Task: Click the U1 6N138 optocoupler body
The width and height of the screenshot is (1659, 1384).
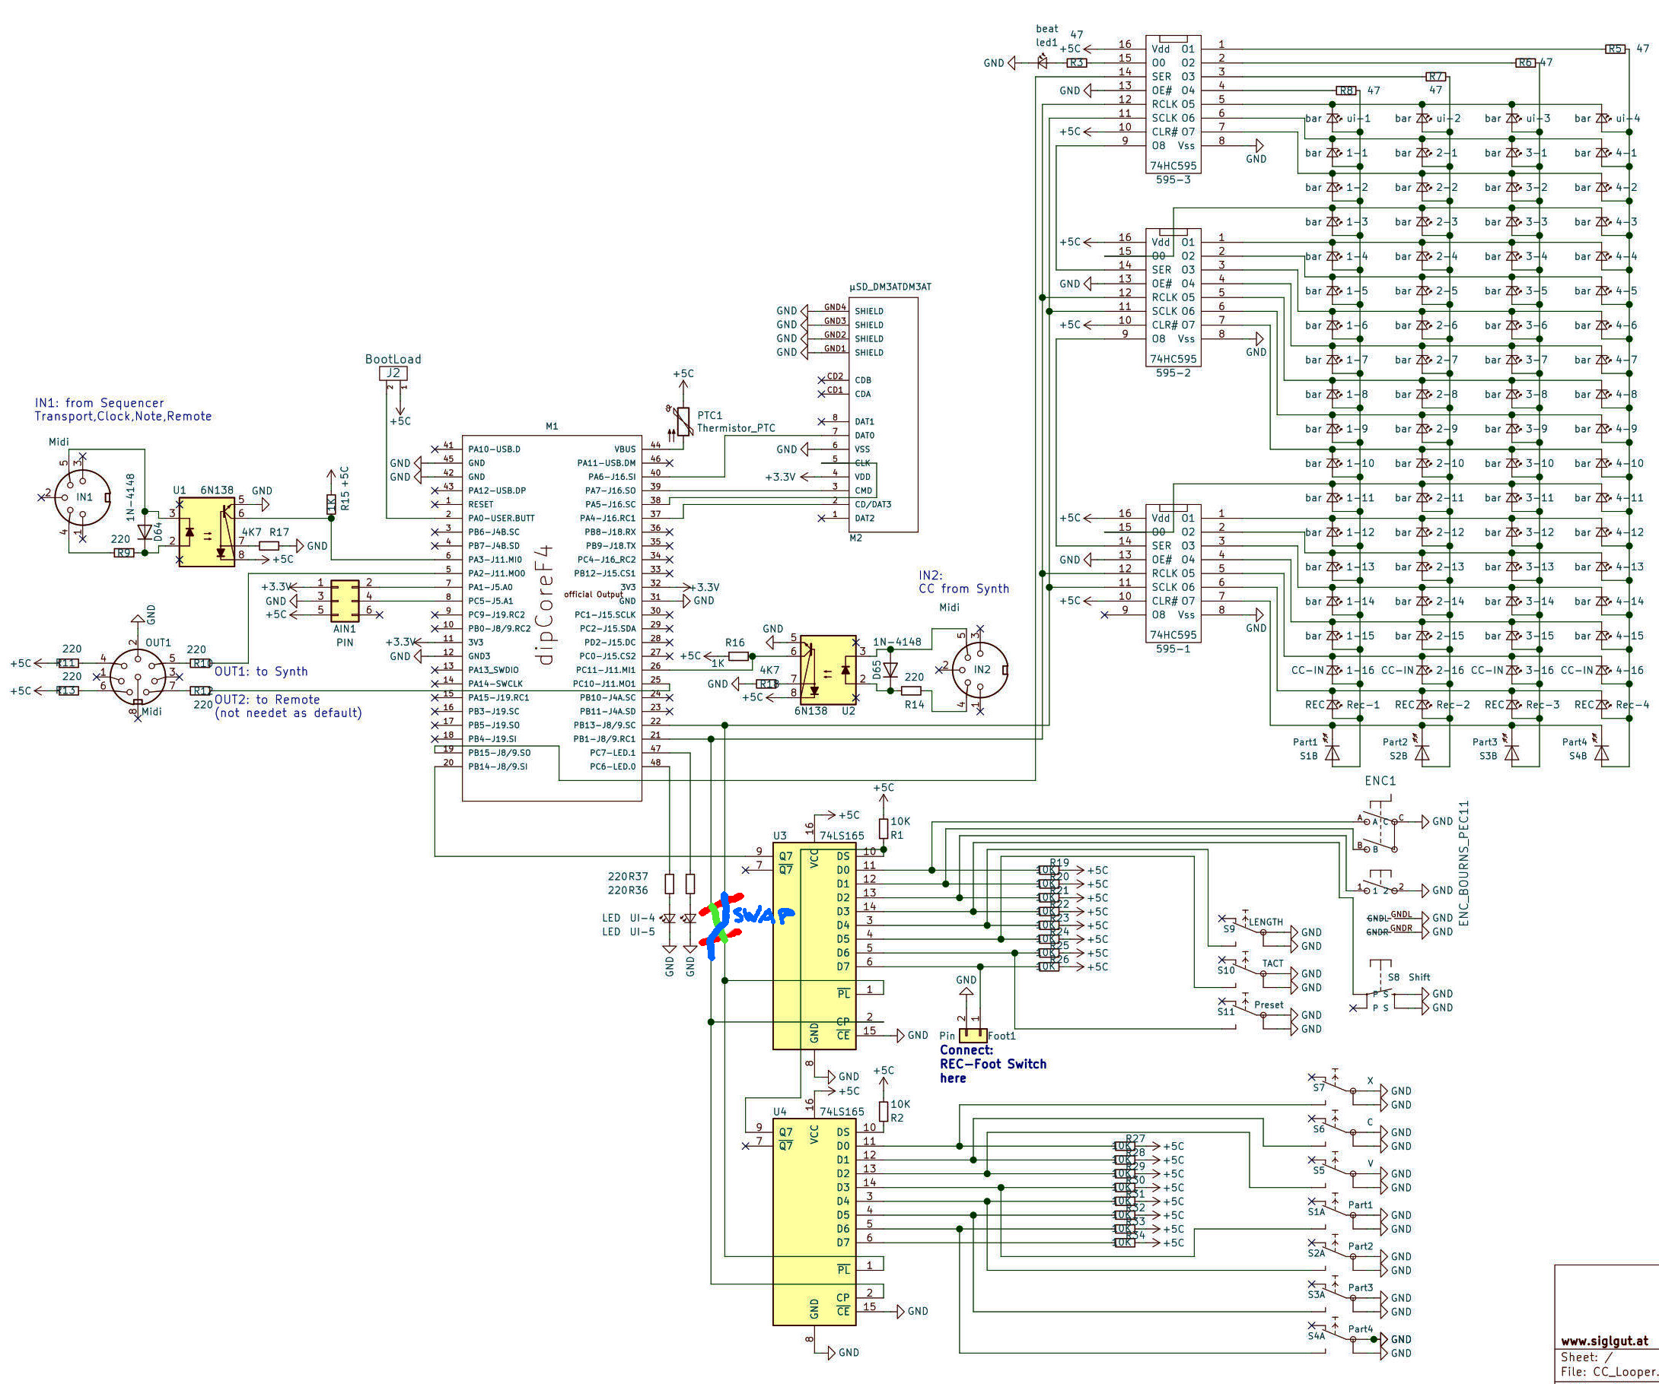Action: [x=206, y=532]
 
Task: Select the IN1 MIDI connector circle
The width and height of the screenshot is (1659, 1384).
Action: [x=83, y=497]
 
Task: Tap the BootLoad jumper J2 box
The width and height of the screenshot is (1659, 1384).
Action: [x=393, y=373]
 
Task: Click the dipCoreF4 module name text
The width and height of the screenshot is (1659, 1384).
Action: [x=544, y=604]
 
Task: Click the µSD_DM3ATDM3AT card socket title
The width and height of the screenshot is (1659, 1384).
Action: [x=890, y=287]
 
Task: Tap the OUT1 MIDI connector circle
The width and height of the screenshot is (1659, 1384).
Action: [x=138, y=677]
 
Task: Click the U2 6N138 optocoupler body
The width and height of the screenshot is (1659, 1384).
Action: [x=828, y=668]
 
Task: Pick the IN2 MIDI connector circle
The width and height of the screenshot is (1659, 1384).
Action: [x=979, y=669]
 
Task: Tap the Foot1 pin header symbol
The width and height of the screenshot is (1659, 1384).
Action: [x=973, y=1035]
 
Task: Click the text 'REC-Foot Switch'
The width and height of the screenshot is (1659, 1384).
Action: [x=993, y=1065]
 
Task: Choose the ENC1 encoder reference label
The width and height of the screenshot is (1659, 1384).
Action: [x=1380, y=781]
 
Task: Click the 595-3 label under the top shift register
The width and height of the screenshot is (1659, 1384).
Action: [x=1173, y=180]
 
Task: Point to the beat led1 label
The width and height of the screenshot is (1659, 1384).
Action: [x=1046, y=36]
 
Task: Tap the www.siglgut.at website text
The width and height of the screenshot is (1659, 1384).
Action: [x=1603, y=1341]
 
